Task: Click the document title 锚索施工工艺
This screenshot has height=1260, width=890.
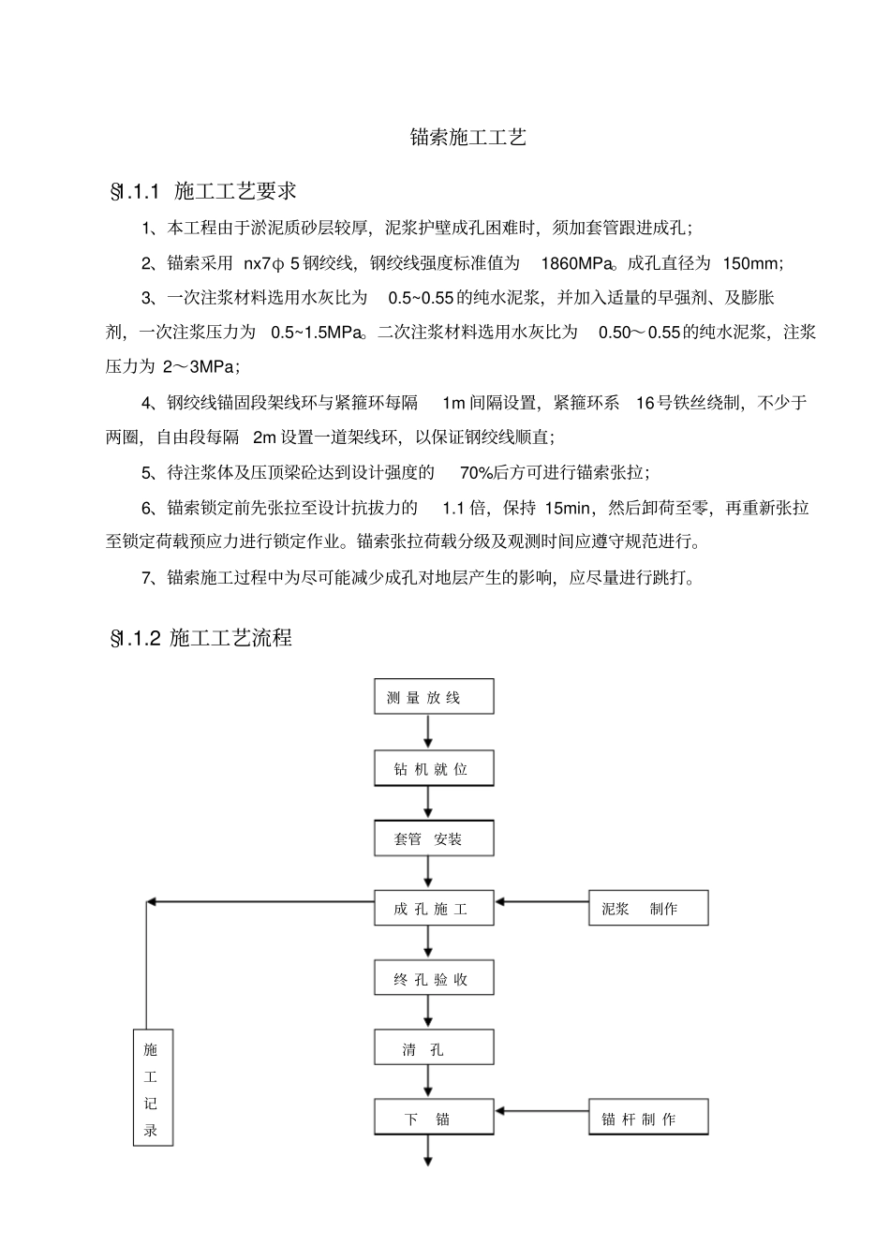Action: point(468,138)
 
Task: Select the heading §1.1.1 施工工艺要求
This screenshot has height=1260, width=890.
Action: point(203,192)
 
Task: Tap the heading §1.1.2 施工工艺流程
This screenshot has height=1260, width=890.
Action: point(201,638)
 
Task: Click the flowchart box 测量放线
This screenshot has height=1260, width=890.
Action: point(434,697)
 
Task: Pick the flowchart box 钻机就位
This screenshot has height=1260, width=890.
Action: point(434,769)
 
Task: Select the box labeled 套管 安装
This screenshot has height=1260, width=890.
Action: point(434,838)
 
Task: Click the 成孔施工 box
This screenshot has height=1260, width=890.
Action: point(434,909)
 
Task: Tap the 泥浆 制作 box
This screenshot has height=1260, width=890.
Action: point(648,909)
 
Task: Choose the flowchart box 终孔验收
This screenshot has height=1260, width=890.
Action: point(434,979)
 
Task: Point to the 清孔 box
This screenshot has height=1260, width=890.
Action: point(434,1049)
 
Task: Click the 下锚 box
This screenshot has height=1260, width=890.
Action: point(434,1119)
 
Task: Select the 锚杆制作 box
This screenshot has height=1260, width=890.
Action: point(648,1119)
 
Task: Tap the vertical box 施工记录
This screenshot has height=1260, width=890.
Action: point(152,1090)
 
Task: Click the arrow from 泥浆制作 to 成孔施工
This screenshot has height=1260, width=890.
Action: point(541,902)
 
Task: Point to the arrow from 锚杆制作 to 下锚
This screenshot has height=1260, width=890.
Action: point(541,1111)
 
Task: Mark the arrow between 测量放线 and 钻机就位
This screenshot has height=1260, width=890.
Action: point(429,732)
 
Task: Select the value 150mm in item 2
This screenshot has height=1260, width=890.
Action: point(752,263)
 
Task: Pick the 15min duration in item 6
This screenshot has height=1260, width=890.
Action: point(568,508)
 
